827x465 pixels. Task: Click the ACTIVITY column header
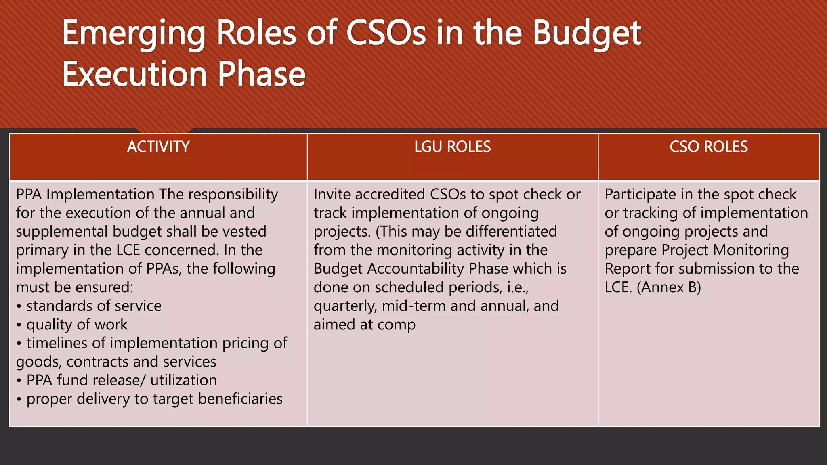[158, 147]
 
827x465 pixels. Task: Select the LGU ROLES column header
[452, 147]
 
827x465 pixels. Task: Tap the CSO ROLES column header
[708, 147]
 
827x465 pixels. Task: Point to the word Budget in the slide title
[587, 34]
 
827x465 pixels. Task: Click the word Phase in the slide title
[262, 74]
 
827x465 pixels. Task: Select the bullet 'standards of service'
[94, 306]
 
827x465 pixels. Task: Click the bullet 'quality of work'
[77, 325]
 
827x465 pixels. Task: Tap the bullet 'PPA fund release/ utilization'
[121, 380]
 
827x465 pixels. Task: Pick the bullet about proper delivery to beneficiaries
[154, 399]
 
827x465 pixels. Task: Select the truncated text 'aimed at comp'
[364, 325]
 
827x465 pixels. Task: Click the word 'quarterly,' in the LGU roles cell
[345, 306]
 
